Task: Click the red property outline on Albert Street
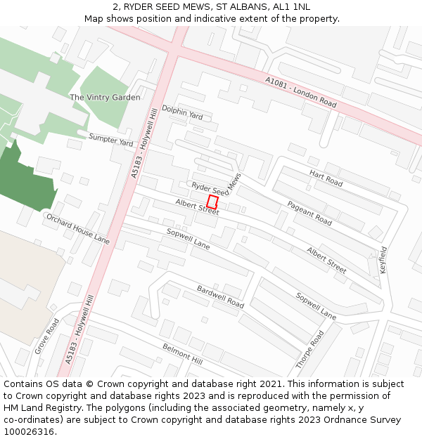point(212,202)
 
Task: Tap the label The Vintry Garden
point(105,97)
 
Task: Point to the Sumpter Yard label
point(110,139)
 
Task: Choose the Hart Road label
point(326,178)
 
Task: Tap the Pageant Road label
point(309,213)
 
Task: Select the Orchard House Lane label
point(77,229)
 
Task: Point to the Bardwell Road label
point(220,296)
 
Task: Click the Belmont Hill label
point(182,353)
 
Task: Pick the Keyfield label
point(383,259)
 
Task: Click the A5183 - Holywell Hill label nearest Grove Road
point(79,329)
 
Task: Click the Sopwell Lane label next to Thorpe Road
point(316,306)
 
